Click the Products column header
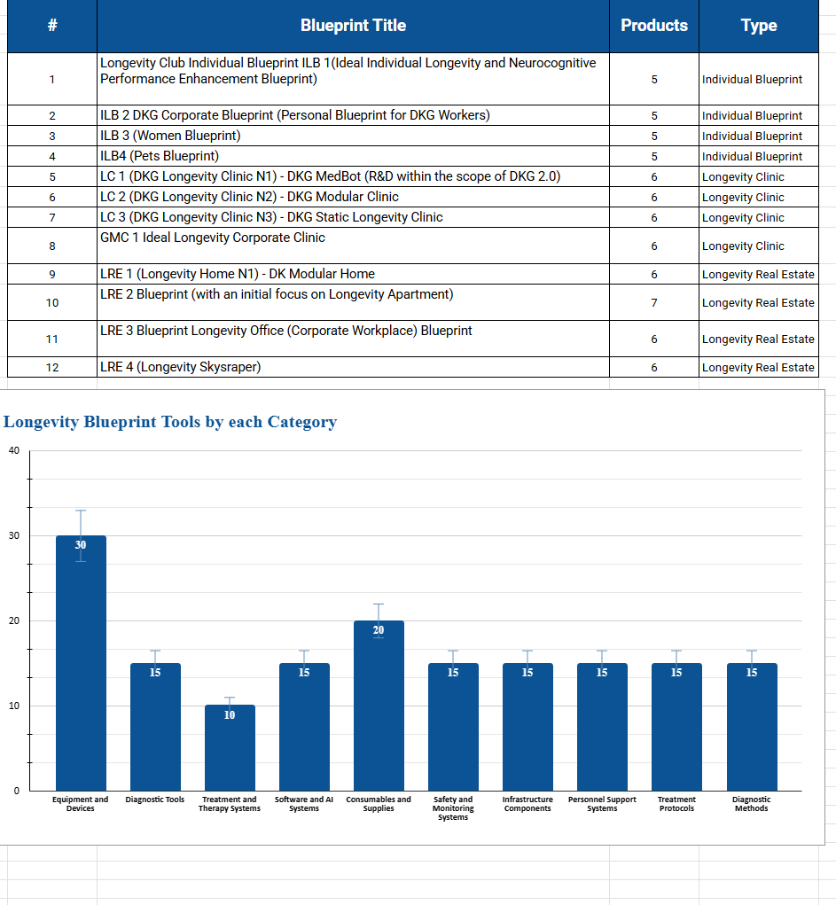tap(654, 26)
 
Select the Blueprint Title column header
tap(353, 26)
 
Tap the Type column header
tap(758, 26)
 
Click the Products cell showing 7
tap(654, 302)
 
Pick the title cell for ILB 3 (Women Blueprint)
tap(353, 136)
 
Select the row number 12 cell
tap(52, 367)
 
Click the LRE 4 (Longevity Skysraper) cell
tap(353, 367)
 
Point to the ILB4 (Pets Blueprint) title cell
tap(353, 156)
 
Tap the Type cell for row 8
tap(758, 246)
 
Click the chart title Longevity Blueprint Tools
tap(170, 422)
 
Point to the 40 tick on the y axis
tap(13, 450)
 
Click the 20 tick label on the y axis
tap(13, 620)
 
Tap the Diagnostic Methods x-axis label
tap(752, 804)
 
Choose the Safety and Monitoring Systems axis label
tap(453, 808)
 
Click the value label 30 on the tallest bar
tap(81, 545)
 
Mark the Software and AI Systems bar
tap(304, 727)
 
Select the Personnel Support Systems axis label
tap(602, 804)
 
